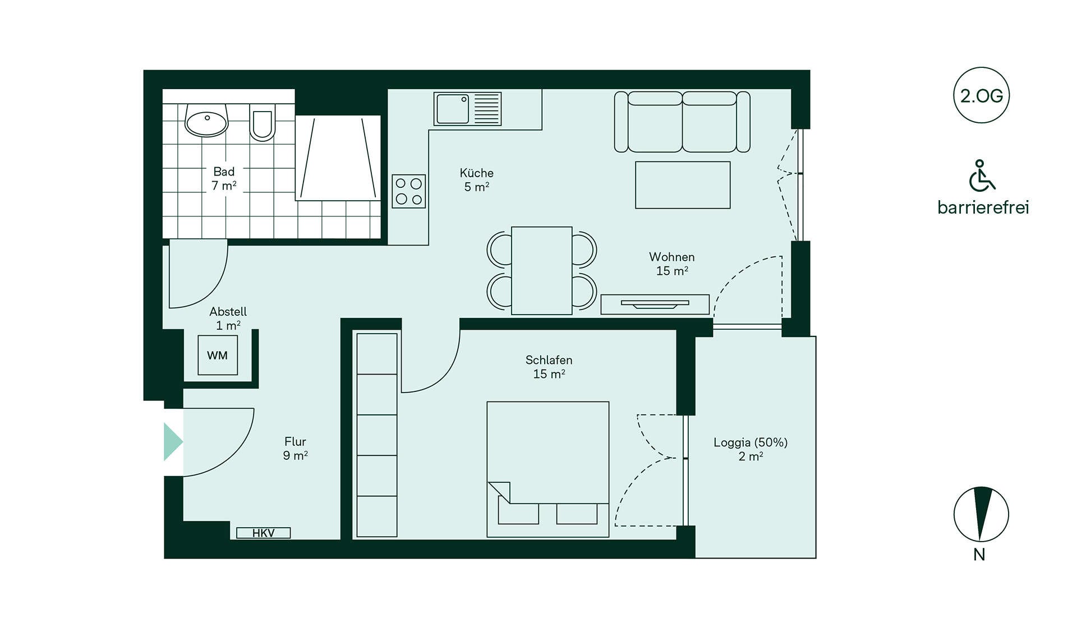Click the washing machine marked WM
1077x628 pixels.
(x=218, y=355)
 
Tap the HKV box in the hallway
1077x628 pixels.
(x=263, y=533)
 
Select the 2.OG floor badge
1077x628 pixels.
(x=981, y=95)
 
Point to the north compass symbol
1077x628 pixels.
(x=981, y=514)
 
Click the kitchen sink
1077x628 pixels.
(x=467, y=109)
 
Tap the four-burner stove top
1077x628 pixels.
(x=408, y=191)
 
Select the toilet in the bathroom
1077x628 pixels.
(x=262, y=122)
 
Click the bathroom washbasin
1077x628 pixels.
(x=206, y=121)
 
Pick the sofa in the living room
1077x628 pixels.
(x=682, y=122)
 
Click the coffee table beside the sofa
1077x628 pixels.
(x=683, y=185)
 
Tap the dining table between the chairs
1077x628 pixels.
(x=542, y=270)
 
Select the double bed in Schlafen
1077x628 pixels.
(x=548, y=469)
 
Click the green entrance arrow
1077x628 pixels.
(x=172, y=442)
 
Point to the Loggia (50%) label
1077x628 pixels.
(x=751, y=442)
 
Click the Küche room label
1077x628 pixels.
(x=476, y=173)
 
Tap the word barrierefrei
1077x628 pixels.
(x=983, y=207)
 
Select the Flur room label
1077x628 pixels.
(x=295, y=441)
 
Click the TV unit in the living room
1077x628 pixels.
(x=655, y=304)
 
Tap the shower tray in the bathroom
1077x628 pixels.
(x=338, y=158)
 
